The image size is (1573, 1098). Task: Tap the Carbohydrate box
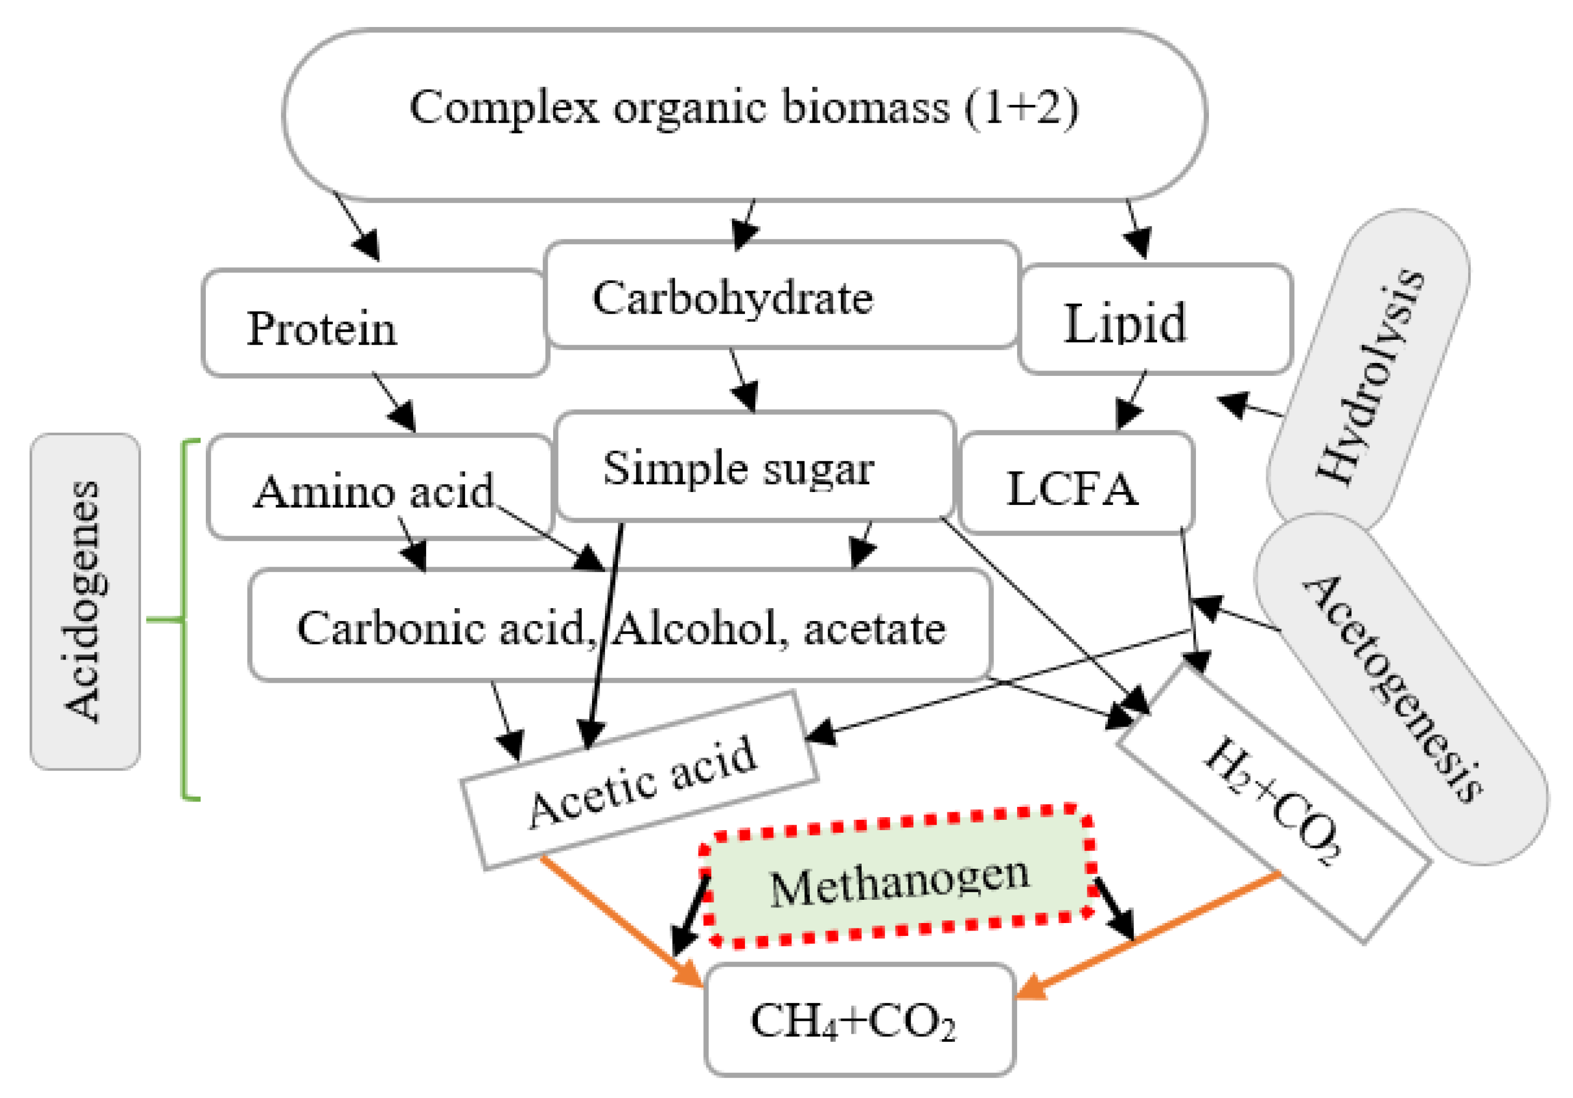coord(781,296)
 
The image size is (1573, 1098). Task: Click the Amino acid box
coord(379,488)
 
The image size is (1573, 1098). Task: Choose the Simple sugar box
coord(754,467)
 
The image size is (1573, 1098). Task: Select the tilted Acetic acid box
coord(641,782)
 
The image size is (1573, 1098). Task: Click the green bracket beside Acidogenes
coord(184,620)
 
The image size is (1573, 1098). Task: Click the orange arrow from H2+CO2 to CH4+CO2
coord(1151,934)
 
